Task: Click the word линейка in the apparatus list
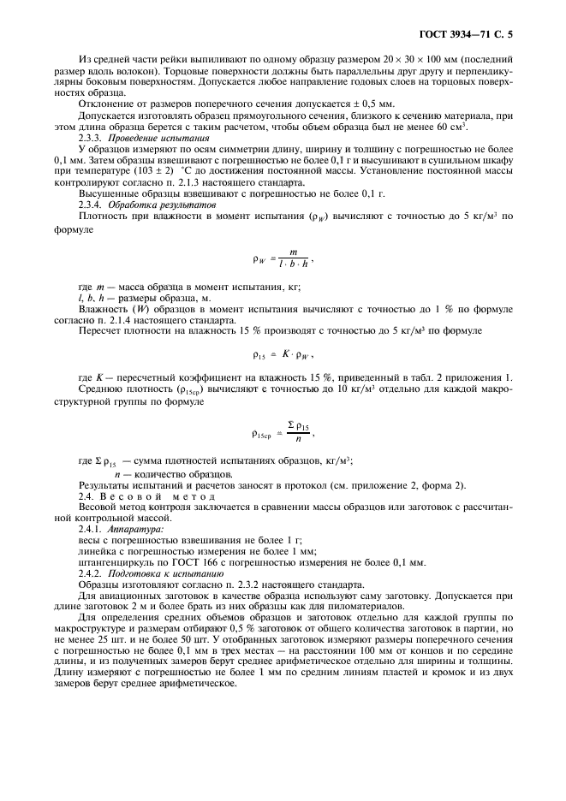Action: pos(97,551)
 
